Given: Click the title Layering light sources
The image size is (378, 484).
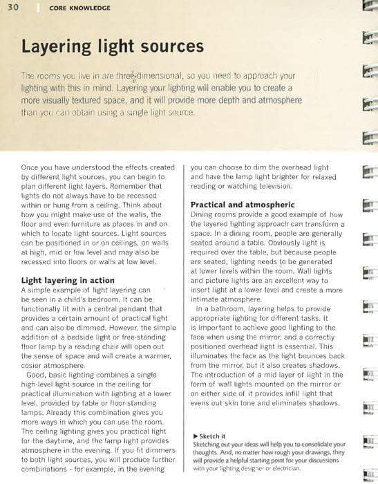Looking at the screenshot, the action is point(113,47).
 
